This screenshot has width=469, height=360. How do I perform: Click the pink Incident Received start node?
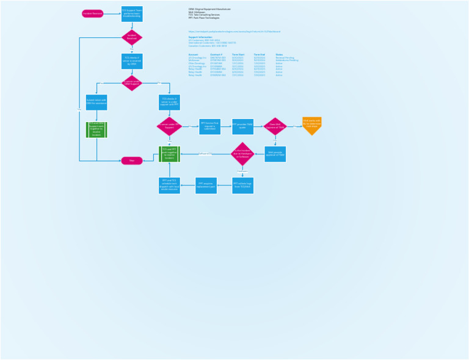[93, 13]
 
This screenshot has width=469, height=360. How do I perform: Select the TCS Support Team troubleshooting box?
[132, 13]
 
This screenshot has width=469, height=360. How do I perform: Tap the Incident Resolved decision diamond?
[132, 37]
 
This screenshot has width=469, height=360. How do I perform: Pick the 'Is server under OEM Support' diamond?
[132, 82]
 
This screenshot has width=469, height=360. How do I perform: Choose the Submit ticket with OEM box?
[96, 102]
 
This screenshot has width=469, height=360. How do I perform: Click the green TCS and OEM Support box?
[96, 129]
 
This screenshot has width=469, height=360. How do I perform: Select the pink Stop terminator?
[132, 160]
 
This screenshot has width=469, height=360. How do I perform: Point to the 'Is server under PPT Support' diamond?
[169, 126]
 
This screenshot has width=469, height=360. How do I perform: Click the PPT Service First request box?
[209, 126]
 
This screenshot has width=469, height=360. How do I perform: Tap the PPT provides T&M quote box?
[242, 126]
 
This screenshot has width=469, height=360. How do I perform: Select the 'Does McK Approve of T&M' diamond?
[275, 126]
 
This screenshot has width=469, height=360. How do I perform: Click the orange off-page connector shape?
[311, 125]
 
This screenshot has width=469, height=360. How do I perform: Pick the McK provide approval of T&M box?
[275, 154]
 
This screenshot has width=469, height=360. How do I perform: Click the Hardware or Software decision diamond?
[242, 154]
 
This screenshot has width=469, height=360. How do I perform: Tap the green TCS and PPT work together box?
[169, 154]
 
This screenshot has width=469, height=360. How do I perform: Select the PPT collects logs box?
[242, 185]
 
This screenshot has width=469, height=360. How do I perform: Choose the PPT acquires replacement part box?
[206, 185]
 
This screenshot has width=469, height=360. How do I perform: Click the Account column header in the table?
[194, 54]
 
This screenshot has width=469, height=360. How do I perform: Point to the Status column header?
[279, 54]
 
